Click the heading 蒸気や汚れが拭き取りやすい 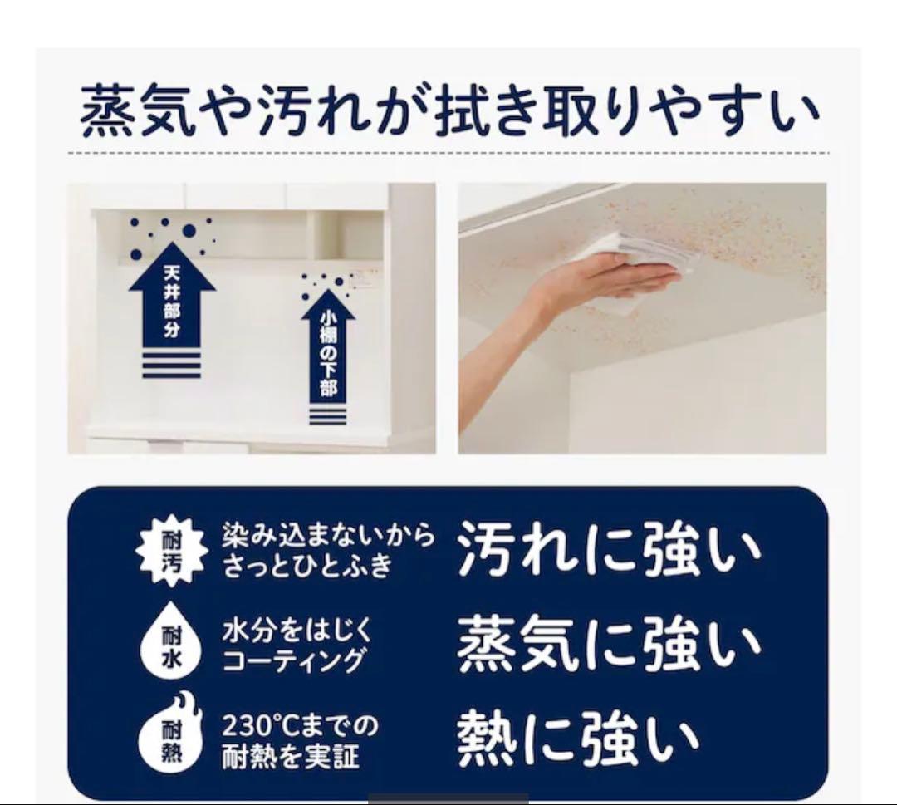click(x=448, y=112)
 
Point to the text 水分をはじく click(x=297, y=631)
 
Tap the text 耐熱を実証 click(x=290, y=757)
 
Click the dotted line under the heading click(x=448, y=153)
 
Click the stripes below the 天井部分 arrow click(x=172, y=364)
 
